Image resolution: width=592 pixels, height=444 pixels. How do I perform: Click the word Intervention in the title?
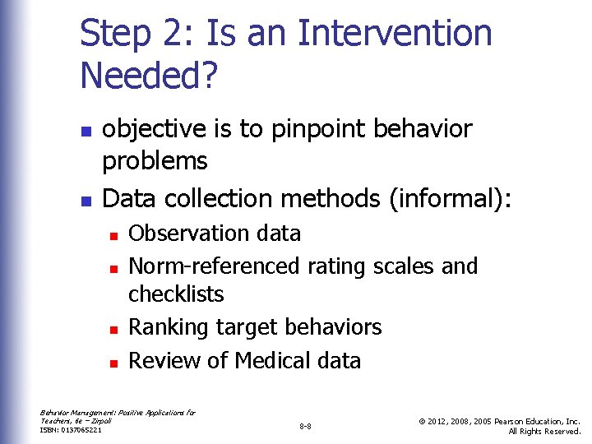395,35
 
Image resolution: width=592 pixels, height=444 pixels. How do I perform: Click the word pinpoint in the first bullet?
312,130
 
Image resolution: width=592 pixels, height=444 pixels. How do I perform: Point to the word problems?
155,161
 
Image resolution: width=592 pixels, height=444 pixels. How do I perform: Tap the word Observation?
183,234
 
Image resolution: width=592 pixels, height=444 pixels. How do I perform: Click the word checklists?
176,294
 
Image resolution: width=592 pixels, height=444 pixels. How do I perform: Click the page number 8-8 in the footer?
305,427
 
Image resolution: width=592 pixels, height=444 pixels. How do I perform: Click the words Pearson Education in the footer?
526,421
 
